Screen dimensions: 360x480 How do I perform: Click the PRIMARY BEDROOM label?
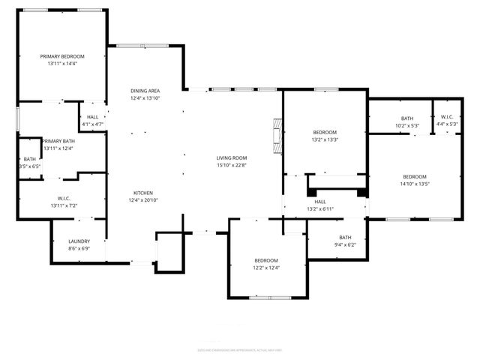[62, 56]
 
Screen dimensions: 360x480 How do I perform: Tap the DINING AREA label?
[145, 90]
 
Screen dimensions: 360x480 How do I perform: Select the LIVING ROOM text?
[232, 158]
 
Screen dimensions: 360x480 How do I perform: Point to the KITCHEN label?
[143, 192]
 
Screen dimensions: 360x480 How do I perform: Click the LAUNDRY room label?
[79, 241]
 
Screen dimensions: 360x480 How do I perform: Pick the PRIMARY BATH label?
[58, 141]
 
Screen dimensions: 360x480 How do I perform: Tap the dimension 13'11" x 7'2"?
[64, 205]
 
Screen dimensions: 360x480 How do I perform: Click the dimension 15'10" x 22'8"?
[232, 166]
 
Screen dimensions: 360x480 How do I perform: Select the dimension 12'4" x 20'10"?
[144, 200]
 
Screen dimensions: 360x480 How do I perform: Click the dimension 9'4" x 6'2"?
[345, 244]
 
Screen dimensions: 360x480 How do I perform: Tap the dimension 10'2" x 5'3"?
[406, 124]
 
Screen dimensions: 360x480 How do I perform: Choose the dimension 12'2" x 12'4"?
[266, 268]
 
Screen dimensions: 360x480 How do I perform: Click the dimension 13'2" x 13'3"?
[324, 139]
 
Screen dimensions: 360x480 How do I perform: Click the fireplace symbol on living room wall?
[278, 134]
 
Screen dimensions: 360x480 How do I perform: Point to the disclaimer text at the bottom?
[239, 349]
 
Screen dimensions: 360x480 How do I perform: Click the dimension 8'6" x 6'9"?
[79, 248]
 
